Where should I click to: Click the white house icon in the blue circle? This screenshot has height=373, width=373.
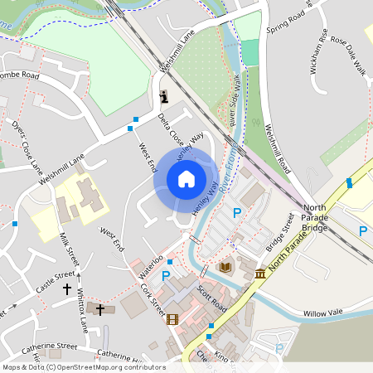[186, 179]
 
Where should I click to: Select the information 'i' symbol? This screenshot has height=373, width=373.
[164, 96]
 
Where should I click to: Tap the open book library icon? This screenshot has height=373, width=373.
[225, 268]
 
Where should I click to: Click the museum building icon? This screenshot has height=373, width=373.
[260, 274]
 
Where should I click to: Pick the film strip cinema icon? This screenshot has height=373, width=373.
[172, 319]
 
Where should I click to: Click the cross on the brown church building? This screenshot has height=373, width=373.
[100, 309]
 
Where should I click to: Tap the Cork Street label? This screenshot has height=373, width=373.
[153, 301]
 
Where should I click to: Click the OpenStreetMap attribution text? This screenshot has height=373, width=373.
[83, 366]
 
